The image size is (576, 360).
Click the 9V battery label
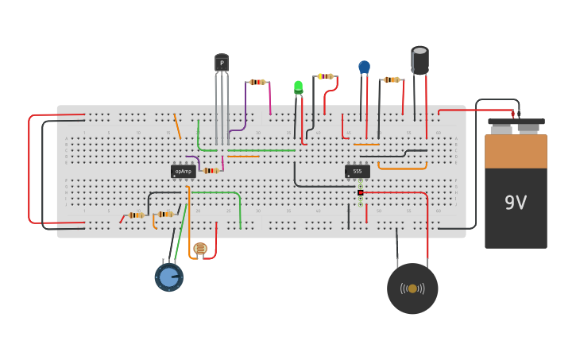[x=516, y=203]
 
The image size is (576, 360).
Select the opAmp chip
[x=183, y=171]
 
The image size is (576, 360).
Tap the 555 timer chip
[x=357, y=171]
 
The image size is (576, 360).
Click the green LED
[x=298, y=86]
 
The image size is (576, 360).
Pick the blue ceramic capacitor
[x=364, y=68]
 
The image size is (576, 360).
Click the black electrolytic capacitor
[x=419, y=60]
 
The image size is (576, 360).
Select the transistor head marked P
[x=222, y=63]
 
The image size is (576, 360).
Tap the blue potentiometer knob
[x=168, y=277]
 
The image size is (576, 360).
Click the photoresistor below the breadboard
[x=199, y=249]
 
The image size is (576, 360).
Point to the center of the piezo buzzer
[x=412, y=288]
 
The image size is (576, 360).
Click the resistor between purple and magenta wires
[x=257, y=82]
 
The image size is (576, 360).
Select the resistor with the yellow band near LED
[x=325, y=76]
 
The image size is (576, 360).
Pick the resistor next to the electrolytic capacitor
[x=391, y=79]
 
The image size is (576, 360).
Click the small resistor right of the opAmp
[x=210, y=170]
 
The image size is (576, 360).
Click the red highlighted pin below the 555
[x=360, y=192]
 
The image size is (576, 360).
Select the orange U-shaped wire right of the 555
[x=402, y=168]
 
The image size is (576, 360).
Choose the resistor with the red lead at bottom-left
[x=136, y=215]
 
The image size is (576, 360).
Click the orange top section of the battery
[x=516, y=151]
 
